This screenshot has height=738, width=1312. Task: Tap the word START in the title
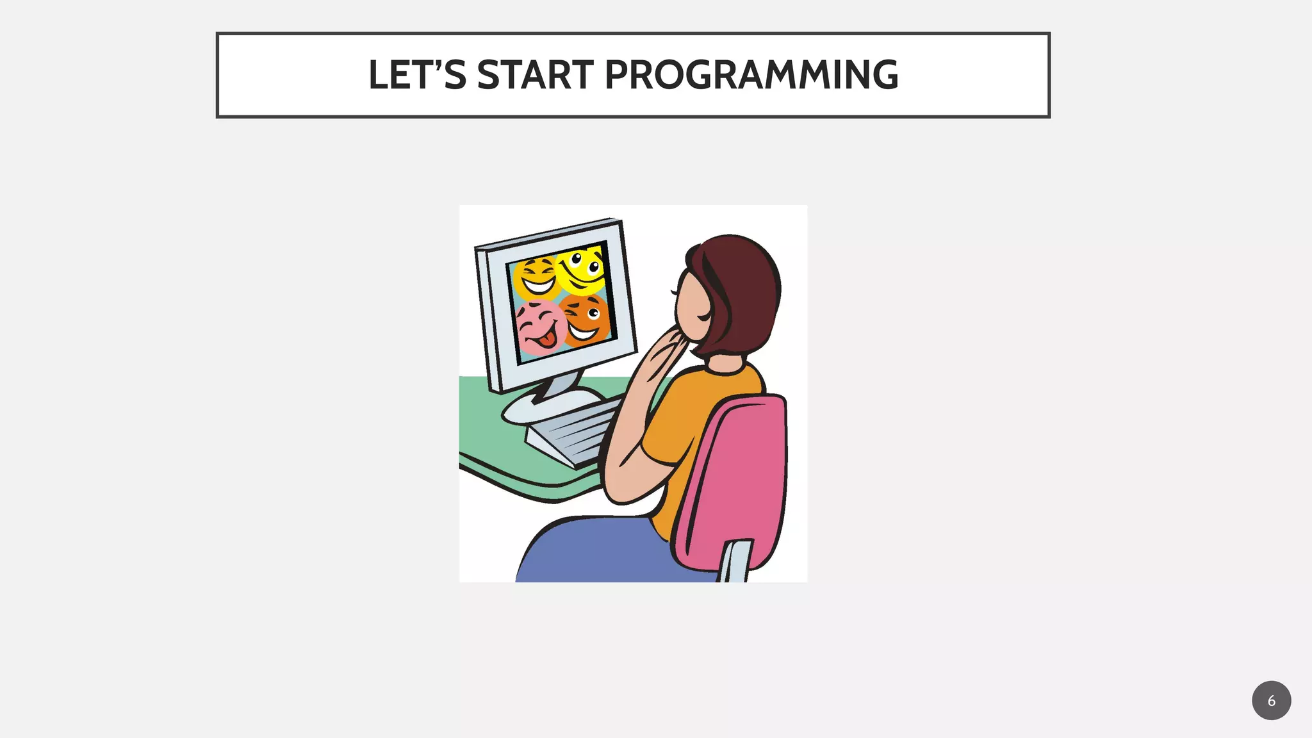coord(535,75)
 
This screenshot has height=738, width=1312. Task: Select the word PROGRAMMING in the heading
coord(751,75)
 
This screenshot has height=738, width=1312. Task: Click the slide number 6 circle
coord(1271,700)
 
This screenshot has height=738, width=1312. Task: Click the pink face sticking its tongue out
coord(540,328)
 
